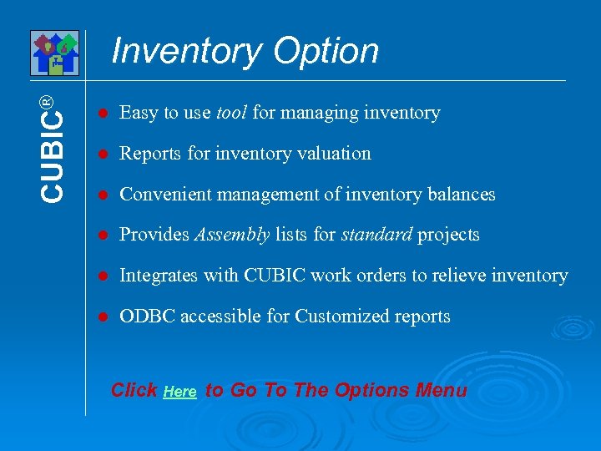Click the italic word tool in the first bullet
(x=231, y=113)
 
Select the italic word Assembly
(x=231, y=235)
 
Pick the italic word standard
(x=376, y=235)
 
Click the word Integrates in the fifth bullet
(x=156, y=276)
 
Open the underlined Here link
(x=180, y=392)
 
